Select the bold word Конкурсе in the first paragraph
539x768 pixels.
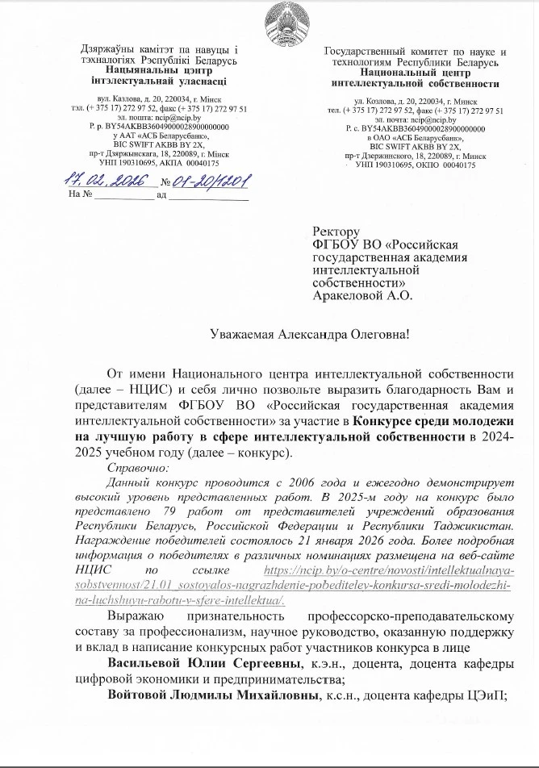(379, 421)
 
